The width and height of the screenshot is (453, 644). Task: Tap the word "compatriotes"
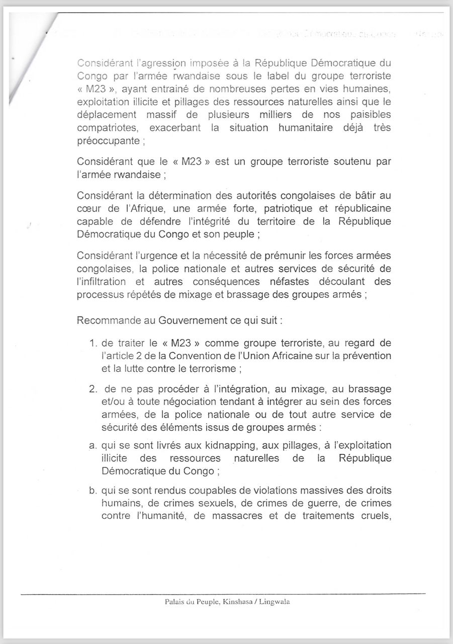pos(108,128)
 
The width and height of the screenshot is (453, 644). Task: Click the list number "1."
pos(93,343)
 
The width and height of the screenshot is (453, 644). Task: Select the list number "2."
pos(93,390)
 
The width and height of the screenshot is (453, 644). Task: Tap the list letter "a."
pos(93,446)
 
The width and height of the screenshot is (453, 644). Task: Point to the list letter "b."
pos(93,491)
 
